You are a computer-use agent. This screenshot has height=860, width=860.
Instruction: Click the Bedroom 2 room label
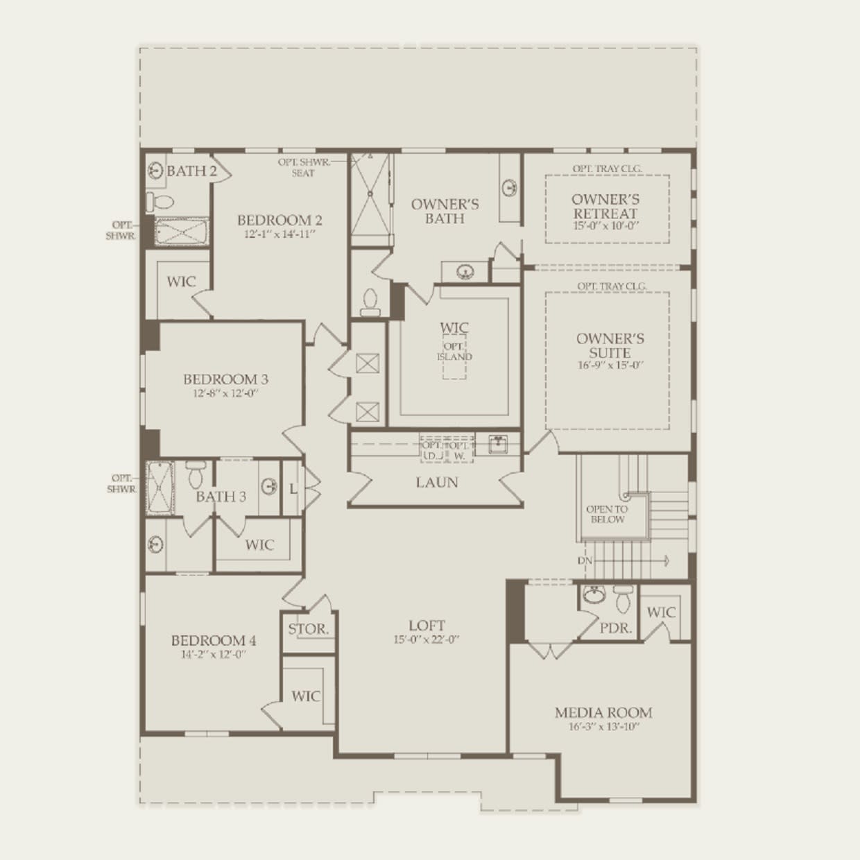[279, 220]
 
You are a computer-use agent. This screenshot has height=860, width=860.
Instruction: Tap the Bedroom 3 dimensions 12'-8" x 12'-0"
[225, 393]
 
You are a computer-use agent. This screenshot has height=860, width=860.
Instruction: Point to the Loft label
[427, 626]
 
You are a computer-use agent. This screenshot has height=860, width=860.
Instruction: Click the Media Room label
[603, 712]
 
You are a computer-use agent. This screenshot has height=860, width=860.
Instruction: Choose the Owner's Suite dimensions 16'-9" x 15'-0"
[610, 365]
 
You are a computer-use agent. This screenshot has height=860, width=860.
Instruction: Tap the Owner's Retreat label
[605, 206]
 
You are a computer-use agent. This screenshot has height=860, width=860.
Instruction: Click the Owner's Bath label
[445, 211]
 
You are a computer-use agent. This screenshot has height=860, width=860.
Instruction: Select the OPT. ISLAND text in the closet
[454, 352]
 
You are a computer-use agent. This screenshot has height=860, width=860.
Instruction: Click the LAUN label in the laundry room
[437, 482]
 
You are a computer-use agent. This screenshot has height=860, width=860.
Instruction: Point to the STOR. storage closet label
[309, 629]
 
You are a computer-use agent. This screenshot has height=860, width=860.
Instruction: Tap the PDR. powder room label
[616, 628]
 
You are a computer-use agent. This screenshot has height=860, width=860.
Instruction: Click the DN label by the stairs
[585, 560]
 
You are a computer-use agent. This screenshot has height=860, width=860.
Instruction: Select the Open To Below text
[607, 514]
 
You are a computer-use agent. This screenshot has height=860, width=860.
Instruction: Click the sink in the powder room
[593, 594]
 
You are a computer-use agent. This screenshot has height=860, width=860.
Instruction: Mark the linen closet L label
[293, 489]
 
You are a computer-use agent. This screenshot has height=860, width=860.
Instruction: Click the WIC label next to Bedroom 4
[305, 696]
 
